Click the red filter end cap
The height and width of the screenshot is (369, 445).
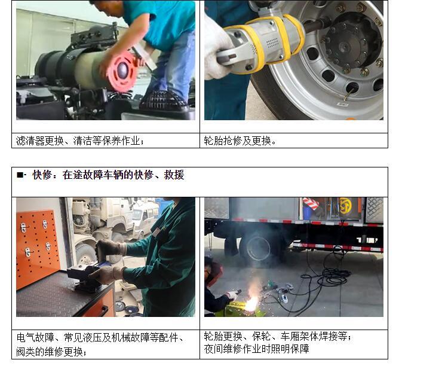pos(121,72)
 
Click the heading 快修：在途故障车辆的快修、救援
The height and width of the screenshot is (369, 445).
pos(108,175)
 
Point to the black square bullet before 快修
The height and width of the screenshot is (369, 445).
pos(20,175)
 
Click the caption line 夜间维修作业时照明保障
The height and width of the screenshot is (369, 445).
pos(256,349)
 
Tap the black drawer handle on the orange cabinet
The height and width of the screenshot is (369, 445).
pos(104,310)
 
